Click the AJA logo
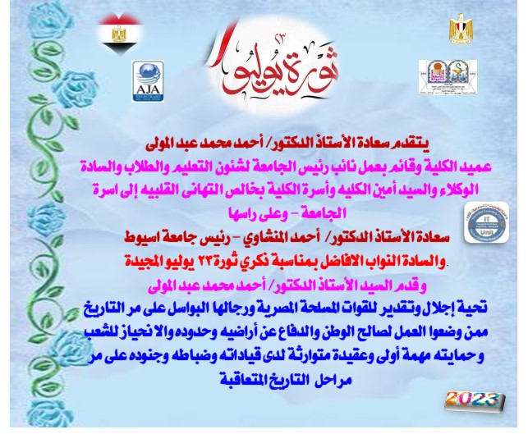pos(148,79)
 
